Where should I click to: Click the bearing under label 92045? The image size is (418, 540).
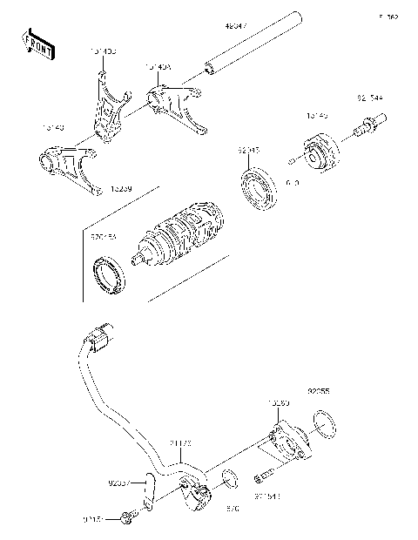coord(258,186)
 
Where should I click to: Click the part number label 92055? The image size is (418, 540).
coord(318,391)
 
